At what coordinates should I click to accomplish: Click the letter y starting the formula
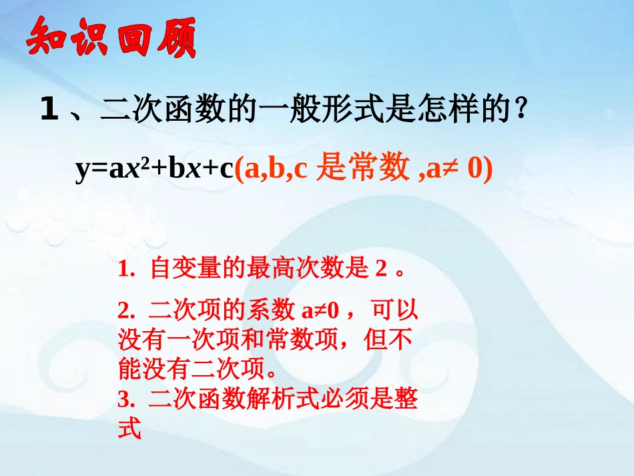coord(82,170)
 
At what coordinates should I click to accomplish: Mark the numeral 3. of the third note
coord(126,400)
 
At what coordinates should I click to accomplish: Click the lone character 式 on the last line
coord(129,429)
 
